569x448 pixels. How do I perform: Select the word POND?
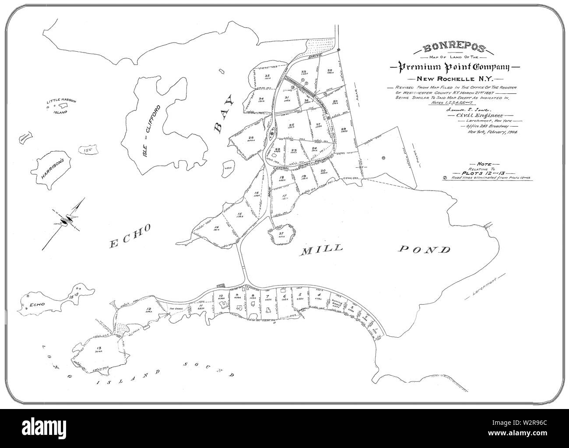(424, 250)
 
